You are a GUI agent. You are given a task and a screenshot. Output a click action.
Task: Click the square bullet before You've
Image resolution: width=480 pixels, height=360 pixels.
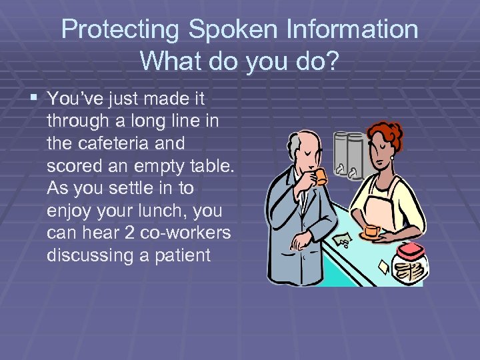35,99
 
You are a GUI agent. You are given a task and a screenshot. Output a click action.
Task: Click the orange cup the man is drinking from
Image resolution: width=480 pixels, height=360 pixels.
321,177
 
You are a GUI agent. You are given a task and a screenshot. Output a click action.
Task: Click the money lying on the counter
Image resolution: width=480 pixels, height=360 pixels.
344,240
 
